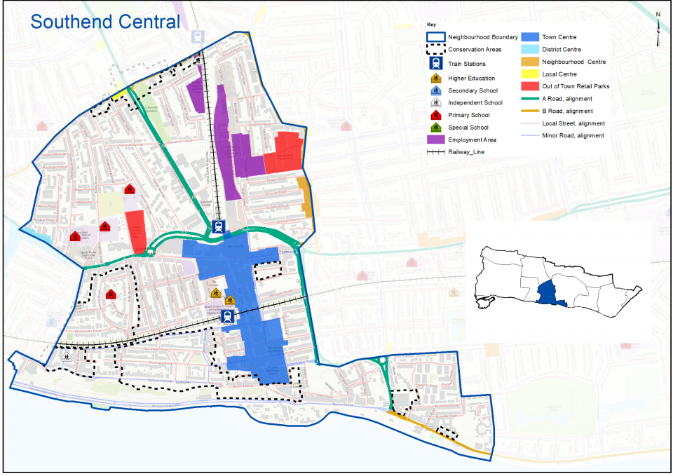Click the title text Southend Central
pos(105,21)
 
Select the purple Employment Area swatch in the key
pos(435,140)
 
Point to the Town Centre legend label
pos(559,36)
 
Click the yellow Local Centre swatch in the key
pos(530,74)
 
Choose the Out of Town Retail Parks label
pos(576,86)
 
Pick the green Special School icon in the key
pos(435,127)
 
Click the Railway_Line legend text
pos(466,151)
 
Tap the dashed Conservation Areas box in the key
pos(435,49)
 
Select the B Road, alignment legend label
pos(567,111)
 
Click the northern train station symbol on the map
pos(219,226)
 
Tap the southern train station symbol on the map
pos(227,316)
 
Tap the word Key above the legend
pos(431,24)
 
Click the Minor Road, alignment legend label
pos(573,135)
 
